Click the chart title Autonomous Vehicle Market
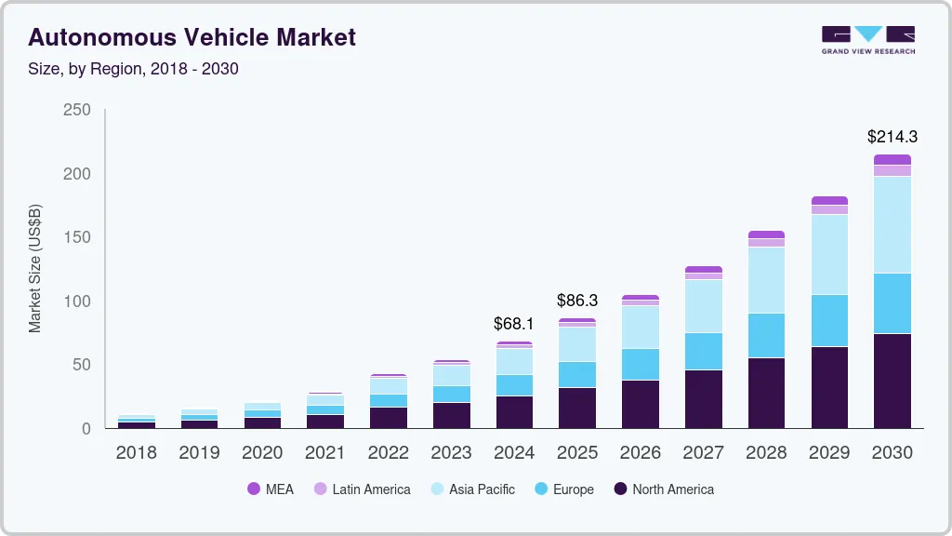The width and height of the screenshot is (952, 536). click(x=192, y=38)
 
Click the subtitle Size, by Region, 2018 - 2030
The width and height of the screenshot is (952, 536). click(x=133, y=69)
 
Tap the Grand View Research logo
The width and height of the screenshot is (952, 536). click(x=867, y=40)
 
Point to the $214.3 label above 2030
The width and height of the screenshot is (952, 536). click(x=892, y=137)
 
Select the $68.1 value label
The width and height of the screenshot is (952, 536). click(x=514, y=324)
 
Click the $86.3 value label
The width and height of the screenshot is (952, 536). click(x=577, y=301)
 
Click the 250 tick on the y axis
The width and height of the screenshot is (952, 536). click(x=76, y=110)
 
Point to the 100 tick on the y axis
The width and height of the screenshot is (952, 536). click(x=76, y=301)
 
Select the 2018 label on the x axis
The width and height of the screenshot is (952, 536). click(x=136, y=453)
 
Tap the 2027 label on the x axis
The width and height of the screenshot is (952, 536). click(x=703, y=453)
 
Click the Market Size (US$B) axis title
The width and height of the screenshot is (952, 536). click(x=35, y=268)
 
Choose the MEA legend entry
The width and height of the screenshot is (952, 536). click(x=271, y=489)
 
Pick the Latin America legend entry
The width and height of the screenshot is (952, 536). click(x=362, y=489)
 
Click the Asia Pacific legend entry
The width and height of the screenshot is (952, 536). click(x=471, y=489)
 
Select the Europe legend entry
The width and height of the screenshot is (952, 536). click(x=563, y=489)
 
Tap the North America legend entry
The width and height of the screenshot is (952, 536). click(x=663, y=489)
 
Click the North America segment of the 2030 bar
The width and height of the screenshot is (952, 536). click(x=892, y=381)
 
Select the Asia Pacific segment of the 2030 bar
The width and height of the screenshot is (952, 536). click(x=892, y=224)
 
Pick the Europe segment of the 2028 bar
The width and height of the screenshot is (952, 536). click(x=766, y=335)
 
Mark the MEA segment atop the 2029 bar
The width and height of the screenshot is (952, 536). click(x=829, y=200)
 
